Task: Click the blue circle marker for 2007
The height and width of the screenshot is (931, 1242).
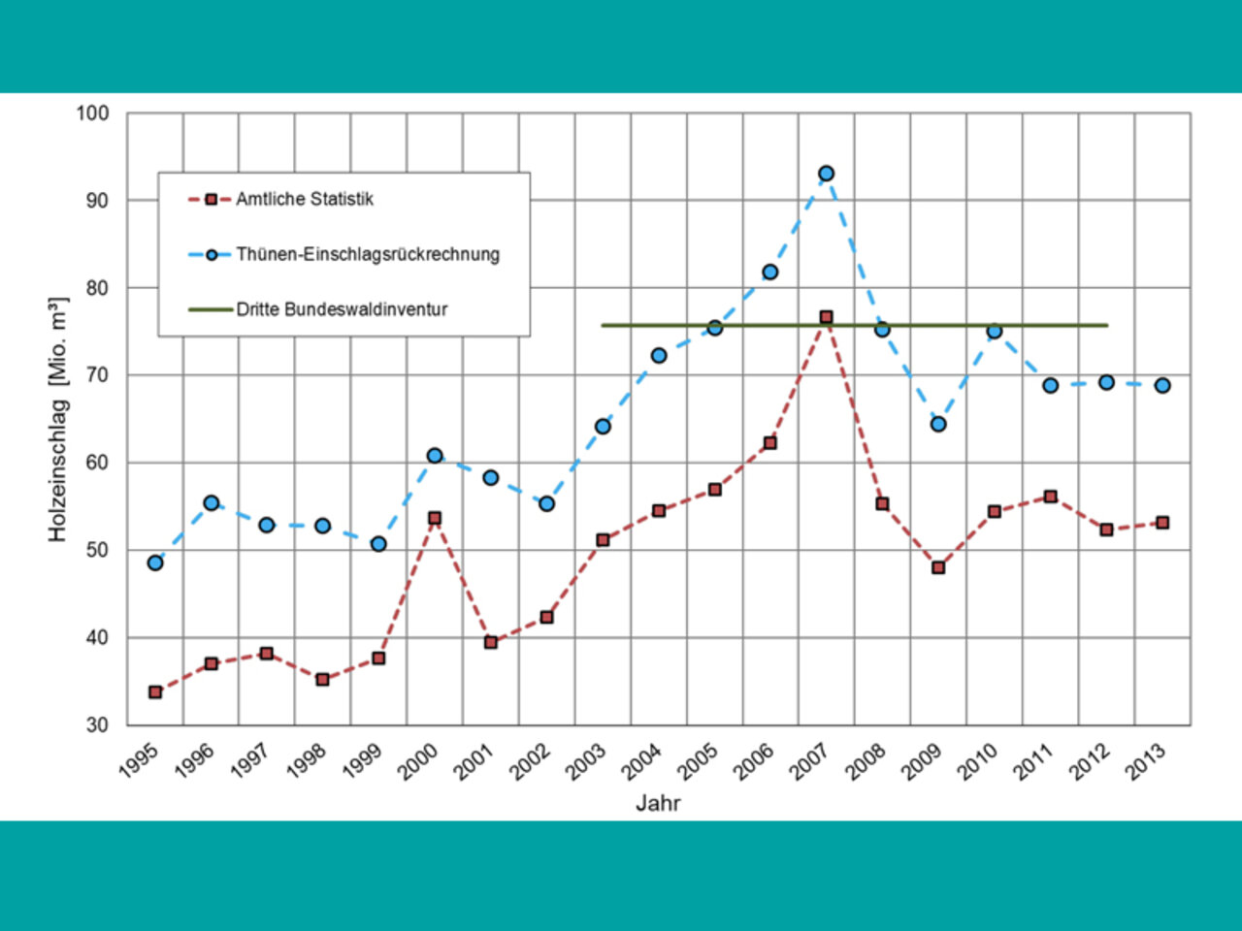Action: [826, 174]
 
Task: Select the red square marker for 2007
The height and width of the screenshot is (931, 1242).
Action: [826, 317]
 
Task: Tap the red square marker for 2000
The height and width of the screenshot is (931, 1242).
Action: [435, 518]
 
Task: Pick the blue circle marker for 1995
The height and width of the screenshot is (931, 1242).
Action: [155, 562]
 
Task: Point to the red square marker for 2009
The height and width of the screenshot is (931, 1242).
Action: [938, 567]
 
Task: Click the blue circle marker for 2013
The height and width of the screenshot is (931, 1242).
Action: [1162, 385]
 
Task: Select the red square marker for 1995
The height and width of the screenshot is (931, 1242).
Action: [155, 692]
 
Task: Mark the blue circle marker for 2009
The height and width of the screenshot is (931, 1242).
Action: [938, 424]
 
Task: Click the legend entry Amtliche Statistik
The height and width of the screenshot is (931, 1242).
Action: [304, 199]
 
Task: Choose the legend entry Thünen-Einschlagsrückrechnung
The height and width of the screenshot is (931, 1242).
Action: [367, 254]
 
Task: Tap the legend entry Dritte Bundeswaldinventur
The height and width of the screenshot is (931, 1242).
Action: [342, 309]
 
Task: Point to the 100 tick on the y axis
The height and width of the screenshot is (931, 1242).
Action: [93, 113]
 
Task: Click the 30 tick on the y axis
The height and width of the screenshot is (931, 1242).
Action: [97, 724]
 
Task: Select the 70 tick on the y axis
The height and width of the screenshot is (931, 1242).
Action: [97, 375]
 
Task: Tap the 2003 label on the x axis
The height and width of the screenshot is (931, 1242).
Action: [587, 762]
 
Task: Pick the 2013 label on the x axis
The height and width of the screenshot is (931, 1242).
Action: [1146, 762]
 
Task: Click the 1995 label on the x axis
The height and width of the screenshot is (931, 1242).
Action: [140, 762]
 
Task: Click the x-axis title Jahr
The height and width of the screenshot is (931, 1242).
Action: [658, 803]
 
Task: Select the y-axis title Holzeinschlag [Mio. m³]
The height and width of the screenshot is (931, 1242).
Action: [58, 419]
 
